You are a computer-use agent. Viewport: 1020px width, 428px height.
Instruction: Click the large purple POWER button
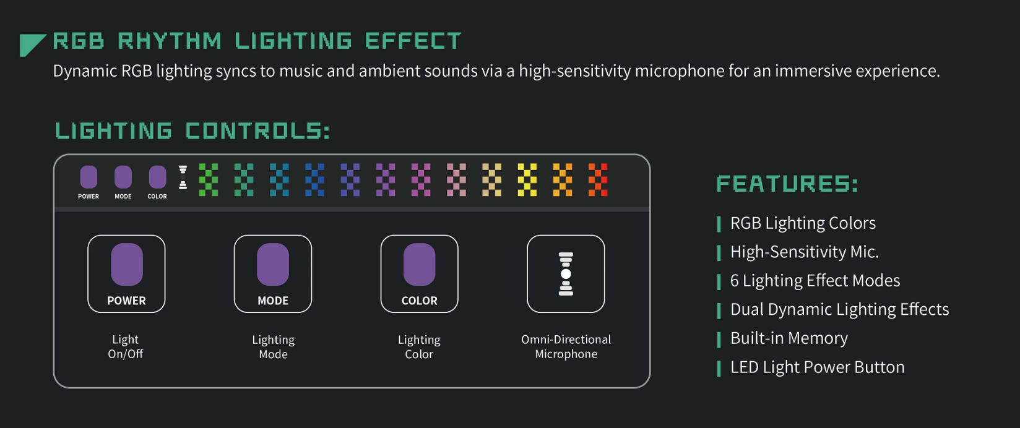pos(127,264)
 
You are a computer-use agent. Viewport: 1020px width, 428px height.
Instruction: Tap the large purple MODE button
pos(273,264)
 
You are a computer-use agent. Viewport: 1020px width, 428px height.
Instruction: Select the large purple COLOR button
pos(420,264)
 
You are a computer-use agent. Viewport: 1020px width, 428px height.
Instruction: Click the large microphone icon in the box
pos(566,274)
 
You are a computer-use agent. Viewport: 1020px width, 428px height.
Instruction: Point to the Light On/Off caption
pos(126,346)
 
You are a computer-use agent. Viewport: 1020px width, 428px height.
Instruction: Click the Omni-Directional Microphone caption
pos(566,346)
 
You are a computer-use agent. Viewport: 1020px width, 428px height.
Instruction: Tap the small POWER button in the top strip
pos(89,177)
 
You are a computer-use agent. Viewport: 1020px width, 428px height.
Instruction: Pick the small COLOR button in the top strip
pos(158,177)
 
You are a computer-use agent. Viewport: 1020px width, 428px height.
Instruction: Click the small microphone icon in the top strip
pos(183,178)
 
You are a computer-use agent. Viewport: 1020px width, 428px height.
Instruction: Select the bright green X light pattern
pos(209,180)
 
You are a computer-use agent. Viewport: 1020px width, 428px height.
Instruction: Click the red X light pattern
pos(598,180)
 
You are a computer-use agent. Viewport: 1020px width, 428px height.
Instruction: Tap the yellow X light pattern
pos(527,180)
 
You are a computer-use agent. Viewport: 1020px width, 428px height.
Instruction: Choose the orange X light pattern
pos(563,180)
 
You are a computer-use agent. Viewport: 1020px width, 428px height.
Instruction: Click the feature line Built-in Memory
pos(789,338)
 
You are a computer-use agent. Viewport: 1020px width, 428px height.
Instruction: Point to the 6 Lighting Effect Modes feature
pos(815,281)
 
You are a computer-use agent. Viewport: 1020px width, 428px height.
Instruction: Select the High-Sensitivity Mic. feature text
pos(805,252)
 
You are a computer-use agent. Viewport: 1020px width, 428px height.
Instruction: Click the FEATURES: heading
pos(787,184)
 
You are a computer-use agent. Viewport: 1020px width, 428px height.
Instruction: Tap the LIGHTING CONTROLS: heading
pos(192,131)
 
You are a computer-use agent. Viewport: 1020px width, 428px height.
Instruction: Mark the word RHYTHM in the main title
pos(170,41)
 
